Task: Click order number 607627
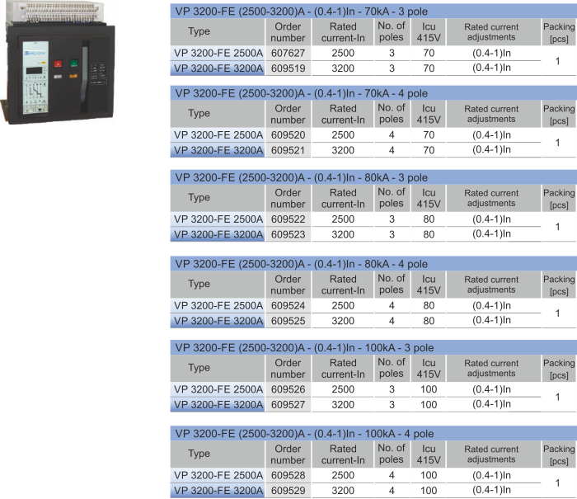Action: pyautogui.click(x=288, y=53)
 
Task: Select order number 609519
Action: pyautogui.click(x=288, y=68)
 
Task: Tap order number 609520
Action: pyautogui.click(x=288, y=135)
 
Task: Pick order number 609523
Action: pyautogui.click(x=288, y=234)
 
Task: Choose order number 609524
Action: pyautogui.click(x=288, y=306)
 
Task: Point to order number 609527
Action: pyautogui.click(x=288, y=405)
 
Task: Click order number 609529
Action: pyautogui.click(x=288, y=491)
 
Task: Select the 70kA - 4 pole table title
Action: pyautogui.click(x=302, y=93)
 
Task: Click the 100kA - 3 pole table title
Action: pyautogui.click(x=304, y=348)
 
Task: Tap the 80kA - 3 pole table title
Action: pyautogui.click(x=302, y=178)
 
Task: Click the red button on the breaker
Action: pyautogui.click(x=58, y=64)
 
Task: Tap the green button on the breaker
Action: pyautogui.click(x=73, y=64)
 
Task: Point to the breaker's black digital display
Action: pyautogui.click(x=35, y=70)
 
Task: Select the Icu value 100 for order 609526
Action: pyautogui.click(x=429, y=389)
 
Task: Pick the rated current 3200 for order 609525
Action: pyautogui.click(x=343, y=321)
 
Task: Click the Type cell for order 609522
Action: pyautogui.click(x=218, y=219)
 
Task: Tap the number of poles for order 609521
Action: pyautogui.click(x=392, y=150)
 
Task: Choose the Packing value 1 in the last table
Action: pyautogui.click(x=558, y=483)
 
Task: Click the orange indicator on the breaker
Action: pyautogui.click(x=73, y=76)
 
